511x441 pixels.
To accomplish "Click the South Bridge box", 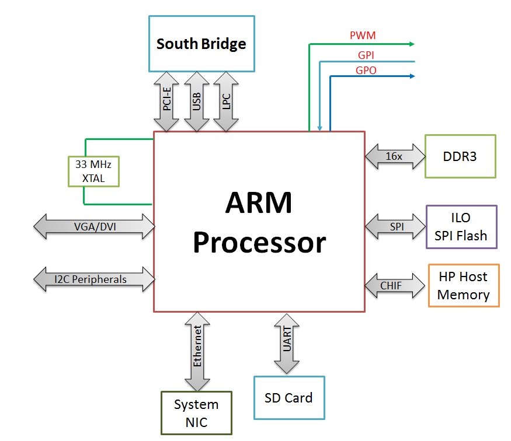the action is click(x=201, y=44).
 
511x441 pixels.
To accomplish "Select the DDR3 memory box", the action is click(x=461, y=156).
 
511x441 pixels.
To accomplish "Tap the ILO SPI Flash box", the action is click(x=461, y=227).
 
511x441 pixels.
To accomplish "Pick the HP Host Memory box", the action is click(x=464, y=285).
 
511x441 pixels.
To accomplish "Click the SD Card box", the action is click(x=290, y=398).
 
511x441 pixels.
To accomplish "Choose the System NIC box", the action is click(x=196, y=413).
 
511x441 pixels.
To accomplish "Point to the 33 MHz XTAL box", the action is click(x=93, y=171).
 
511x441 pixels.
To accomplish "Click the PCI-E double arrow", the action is click(x=166, y=101).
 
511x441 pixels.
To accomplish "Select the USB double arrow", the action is click(x=196, y=101).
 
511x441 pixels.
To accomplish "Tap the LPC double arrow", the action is click(x=226, y=101).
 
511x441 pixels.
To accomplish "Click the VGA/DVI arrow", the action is click(x=94, y=226).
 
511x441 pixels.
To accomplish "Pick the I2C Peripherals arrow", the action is click(x=94, y=279).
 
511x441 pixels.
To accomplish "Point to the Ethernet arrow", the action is click(x=197, y=352).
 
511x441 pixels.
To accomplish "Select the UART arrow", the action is click(x=287, y=344).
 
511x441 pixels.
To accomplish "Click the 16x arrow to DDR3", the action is click(x=395, y=156).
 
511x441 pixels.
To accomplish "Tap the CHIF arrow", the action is click(x=395, y=286).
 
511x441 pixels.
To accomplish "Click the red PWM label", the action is click(x=363, y=35).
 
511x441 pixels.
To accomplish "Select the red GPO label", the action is click(x=366, y=71).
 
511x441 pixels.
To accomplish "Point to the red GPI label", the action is click(x=366, y=55).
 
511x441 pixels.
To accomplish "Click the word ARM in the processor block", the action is click(x=259, y=202).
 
